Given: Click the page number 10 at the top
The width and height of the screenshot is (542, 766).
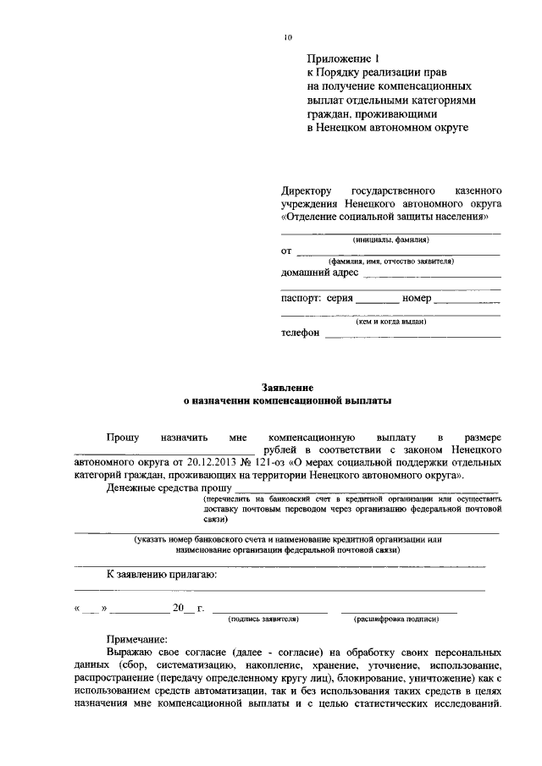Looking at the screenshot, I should [x=288, y=37].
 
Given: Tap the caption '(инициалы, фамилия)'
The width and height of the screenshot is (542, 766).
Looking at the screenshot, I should [x=390, y=240].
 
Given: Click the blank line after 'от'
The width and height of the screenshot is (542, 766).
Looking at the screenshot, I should [x=398, y=254].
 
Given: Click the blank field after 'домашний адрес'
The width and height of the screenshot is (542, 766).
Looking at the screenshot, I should [x=432, y=275].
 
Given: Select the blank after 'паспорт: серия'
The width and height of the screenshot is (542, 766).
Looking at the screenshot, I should [x=378, y=301].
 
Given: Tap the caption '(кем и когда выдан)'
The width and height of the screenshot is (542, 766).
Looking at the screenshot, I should [x=390, y=322].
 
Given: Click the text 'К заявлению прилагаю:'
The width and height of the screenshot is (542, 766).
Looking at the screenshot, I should [x=163, y=575].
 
